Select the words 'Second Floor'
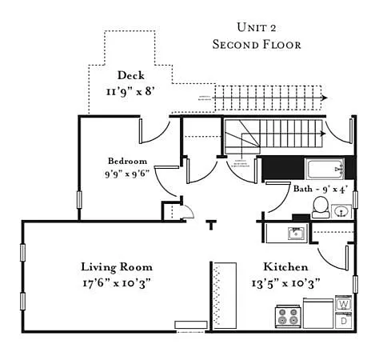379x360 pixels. point(257,45)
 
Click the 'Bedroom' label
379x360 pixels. point(128,160)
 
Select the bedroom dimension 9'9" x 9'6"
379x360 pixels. point(128,173)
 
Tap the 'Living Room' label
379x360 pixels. point(117,266)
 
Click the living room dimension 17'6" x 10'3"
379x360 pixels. point(117,282)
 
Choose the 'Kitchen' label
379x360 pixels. point(286,266)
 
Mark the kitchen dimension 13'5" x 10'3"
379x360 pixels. point(286,282)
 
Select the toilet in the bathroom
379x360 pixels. point(320,209)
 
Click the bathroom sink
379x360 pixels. point(341,211)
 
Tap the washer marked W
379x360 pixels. point(344,305)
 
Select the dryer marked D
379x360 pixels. point(344,321)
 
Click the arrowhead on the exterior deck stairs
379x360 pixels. point(323,98)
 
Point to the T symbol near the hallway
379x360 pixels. point(211,224)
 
